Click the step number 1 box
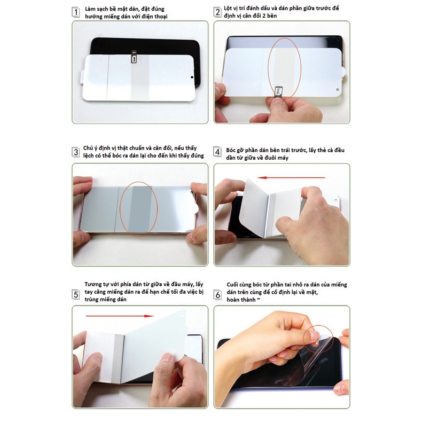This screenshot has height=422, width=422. (76, 12)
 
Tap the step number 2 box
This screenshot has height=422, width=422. (217, 12)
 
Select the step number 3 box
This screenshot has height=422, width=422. (76, 152)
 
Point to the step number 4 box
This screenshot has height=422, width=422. (217, 152)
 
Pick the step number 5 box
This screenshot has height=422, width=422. (76, 294)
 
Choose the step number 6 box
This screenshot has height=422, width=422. (217, 295)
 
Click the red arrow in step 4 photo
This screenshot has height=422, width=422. (291, 178)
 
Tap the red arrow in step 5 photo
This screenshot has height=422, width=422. (120, 316)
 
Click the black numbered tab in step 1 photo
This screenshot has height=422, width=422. (134, 57)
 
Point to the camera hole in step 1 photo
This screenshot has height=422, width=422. (192, 77)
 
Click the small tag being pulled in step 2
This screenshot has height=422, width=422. (277, 92)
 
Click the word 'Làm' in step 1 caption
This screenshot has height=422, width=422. (90, 9)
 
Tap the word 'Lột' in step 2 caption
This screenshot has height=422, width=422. (228, 9)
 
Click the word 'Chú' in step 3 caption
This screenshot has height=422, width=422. (89, 148)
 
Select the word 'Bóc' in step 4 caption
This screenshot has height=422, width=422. (231, 150)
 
